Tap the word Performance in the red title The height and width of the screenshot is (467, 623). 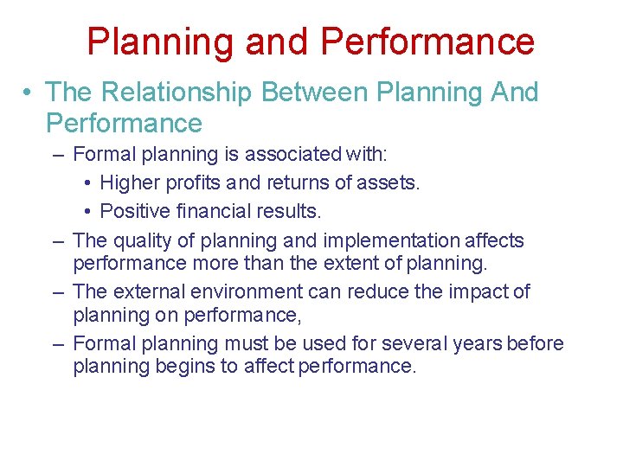427,42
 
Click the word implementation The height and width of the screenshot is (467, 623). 395,240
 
